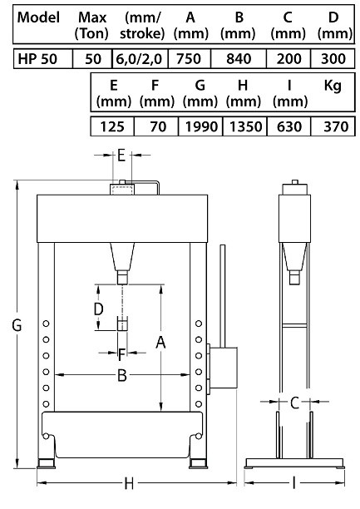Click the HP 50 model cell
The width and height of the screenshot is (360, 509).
pos(43,59)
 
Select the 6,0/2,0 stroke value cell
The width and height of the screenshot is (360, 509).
pos(140,59)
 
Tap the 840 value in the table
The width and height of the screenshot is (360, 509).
pos(239,59)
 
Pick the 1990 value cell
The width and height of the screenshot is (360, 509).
pos(200,126)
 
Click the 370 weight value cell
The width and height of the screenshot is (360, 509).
pos(333,126)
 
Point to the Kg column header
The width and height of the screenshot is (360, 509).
pos(333,86)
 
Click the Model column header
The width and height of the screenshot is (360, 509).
pos(38,17)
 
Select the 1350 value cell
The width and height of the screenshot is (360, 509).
pos(244,126)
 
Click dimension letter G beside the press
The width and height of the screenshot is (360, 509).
pos(17,325)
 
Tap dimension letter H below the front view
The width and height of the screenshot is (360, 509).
pos(129,484)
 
